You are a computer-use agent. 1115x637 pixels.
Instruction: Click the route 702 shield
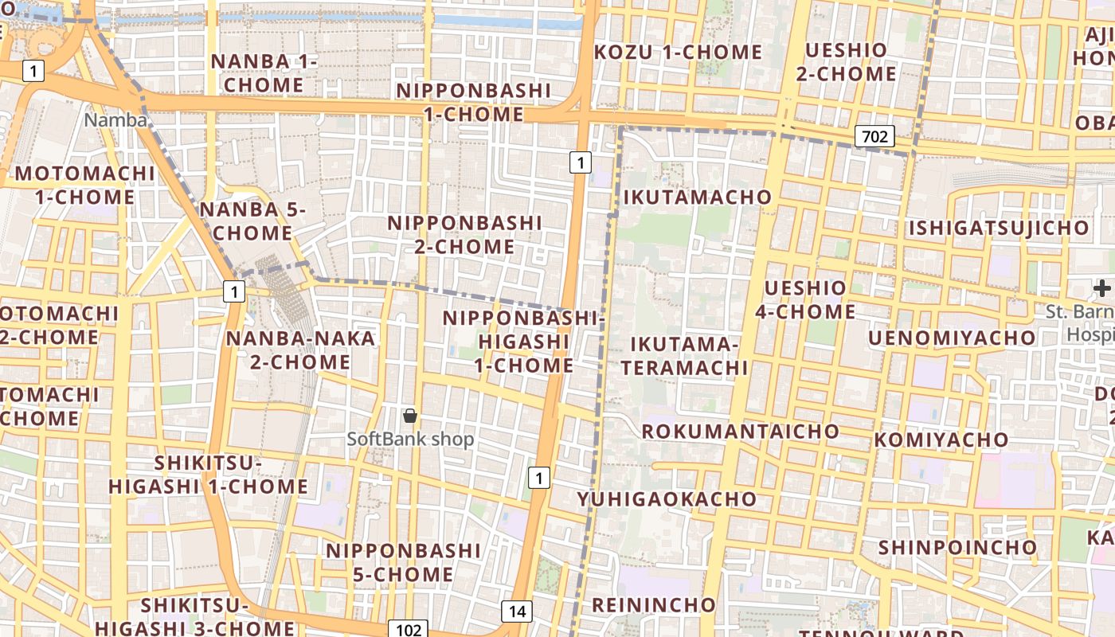(x=874, y=136)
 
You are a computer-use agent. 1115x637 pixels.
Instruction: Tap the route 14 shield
(x=517, y=612)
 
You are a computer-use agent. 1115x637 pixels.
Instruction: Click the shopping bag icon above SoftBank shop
(x=410, y=415)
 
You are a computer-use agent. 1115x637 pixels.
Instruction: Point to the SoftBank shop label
(x=410, y=439)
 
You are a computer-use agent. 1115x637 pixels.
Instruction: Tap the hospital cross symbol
(x=1102, y=287)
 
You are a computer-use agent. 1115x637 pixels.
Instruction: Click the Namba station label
(x=115, y=120)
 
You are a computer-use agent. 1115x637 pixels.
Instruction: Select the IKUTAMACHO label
(x=698, y=197)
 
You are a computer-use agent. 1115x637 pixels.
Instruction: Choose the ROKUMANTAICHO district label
(x=740, y=432)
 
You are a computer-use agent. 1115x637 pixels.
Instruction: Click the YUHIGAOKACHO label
(x=667, y=499)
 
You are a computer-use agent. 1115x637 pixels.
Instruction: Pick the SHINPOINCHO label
(x=957, y=548)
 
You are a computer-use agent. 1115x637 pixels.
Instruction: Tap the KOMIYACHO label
(x=941, y=440)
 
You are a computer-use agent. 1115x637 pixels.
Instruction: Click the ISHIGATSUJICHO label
(x=999, y=229)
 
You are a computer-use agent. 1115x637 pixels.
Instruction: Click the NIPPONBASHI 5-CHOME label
(x=403, y=562)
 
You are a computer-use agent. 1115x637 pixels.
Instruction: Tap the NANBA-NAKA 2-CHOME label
(x=300, y=350)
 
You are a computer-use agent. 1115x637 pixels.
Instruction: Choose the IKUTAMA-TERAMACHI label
(x=685, y=356)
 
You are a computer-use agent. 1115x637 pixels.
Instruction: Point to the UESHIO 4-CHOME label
(x=805, y=299)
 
